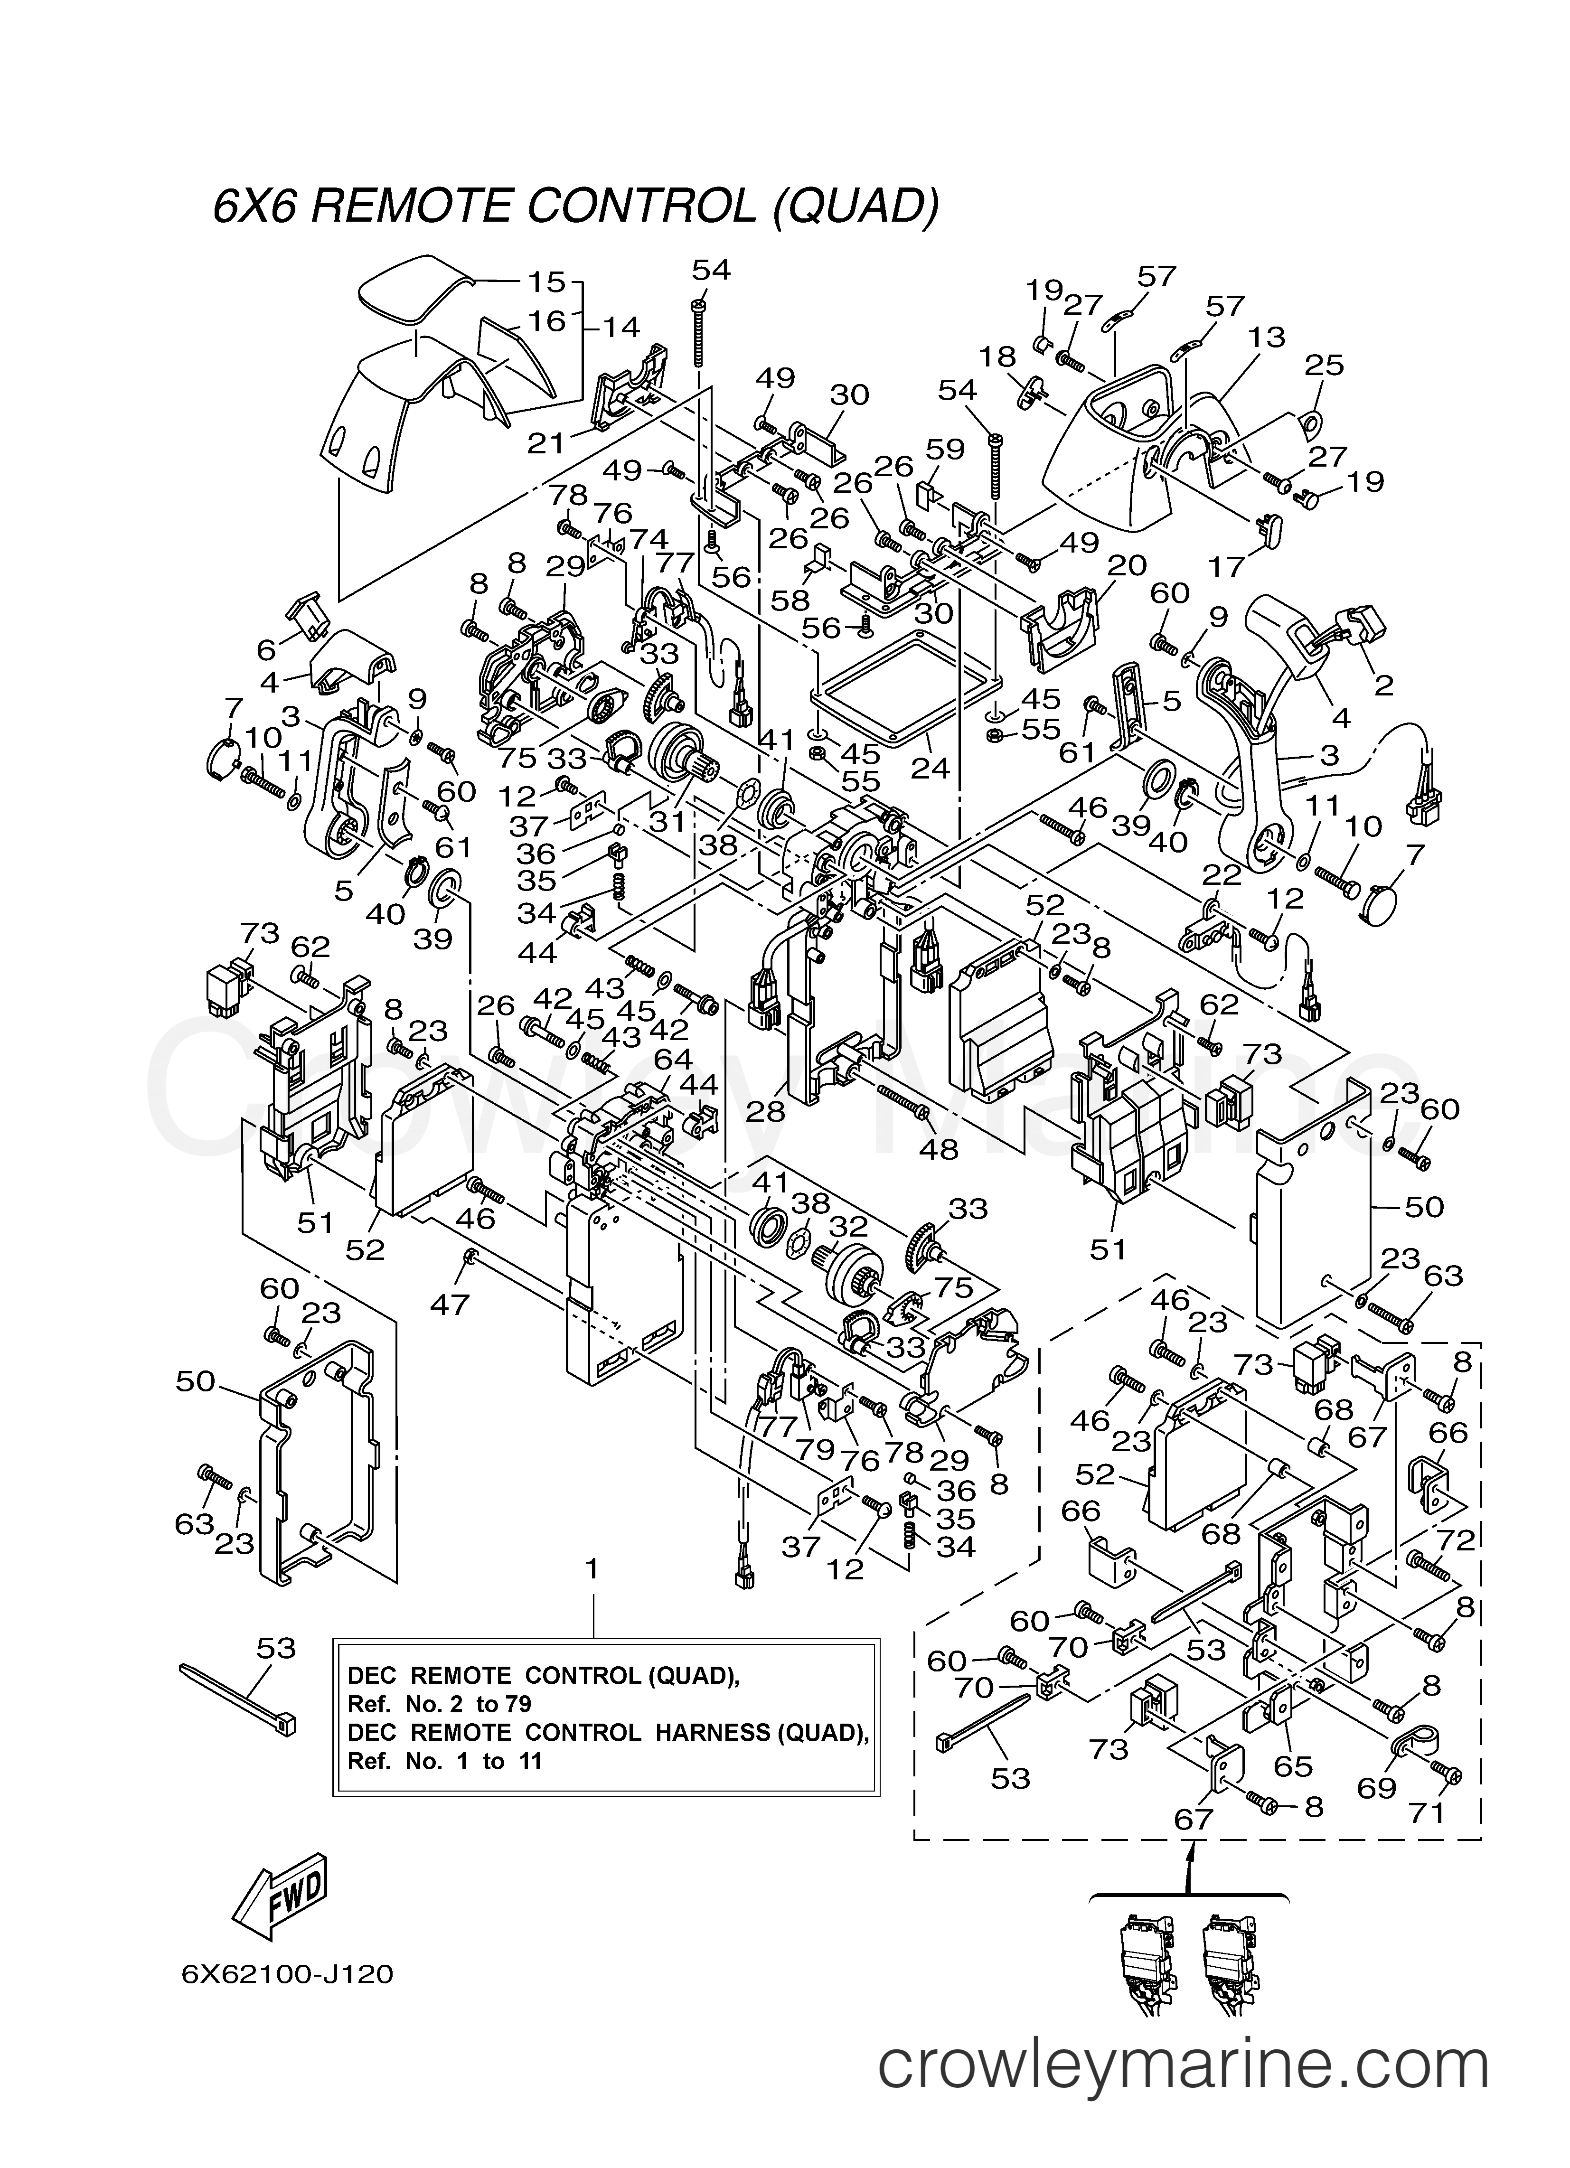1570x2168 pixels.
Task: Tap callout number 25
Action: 1325,365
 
